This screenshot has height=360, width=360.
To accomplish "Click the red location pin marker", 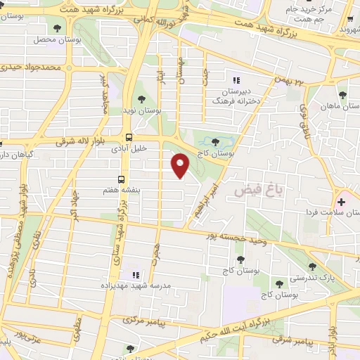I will click(x=181, y=166).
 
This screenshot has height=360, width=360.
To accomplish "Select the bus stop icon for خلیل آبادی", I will click(x=128, y=137).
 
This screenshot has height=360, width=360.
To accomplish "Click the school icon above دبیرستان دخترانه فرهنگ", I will click(x=236, y=79).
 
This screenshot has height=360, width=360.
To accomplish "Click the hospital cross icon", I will click(x=342, y=202).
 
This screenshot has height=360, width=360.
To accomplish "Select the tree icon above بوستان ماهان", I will click(x=342, y=93).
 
